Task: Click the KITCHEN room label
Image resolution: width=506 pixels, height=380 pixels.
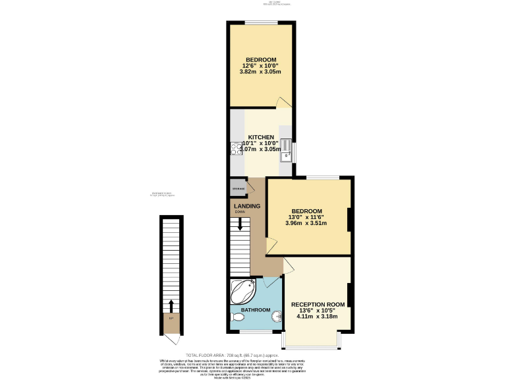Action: [x=261, y=137]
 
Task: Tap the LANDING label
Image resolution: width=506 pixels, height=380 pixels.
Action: [x=247, y=206]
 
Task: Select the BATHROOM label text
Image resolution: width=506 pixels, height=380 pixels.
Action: [x=254, y=309]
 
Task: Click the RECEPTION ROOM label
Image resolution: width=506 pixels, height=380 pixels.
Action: [x=318, y=304]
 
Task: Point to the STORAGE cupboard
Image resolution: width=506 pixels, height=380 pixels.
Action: [x=238, y=189]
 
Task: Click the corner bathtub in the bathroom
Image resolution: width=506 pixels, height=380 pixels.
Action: [x=243, y=290]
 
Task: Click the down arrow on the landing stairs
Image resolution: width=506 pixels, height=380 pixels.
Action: [x=240, y=224]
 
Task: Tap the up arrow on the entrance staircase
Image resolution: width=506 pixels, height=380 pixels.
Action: [x=171, y=306]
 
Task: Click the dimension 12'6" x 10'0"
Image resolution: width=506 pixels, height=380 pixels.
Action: [x=261, y=66]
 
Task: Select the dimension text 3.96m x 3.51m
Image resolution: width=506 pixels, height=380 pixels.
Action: [x=306, y=223]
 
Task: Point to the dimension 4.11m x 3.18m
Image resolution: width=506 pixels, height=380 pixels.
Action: [x=318, y=317]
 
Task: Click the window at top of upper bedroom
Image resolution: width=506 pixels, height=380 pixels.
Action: [x=260, y=23]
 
